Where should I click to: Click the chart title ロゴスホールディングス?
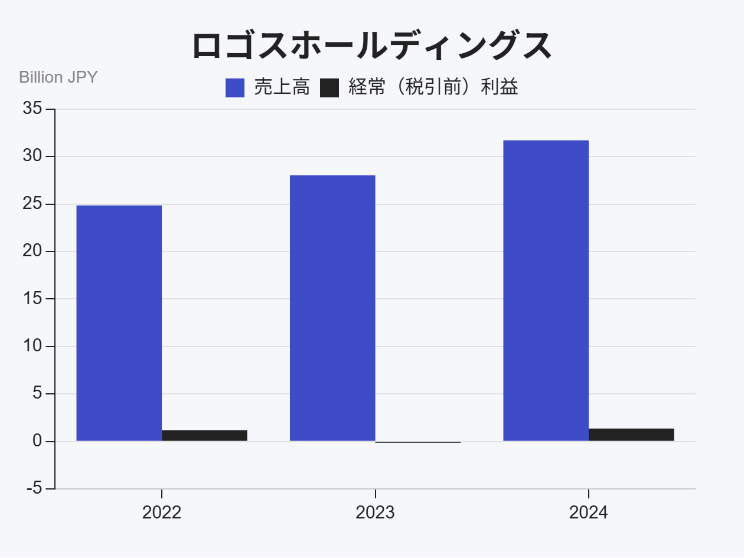[372, 46]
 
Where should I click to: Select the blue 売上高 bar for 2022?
[119, 323]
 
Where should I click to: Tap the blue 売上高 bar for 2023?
[332, 308]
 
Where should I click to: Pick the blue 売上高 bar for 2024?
[546, 291]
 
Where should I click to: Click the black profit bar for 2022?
[204, 435]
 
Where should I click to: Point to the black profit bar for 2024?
[631, 435]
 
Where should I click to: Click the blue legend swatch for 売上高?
[235, 88]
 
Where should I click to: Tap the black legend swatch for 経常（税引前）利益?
[329, 88]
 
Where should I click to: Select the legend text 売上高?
[282, 87]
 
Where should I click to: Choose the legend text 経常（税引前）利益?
[433, 87]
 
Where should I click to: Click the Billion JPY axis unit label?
[58, 77]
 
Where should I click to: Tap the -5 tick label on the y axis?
[34, 489]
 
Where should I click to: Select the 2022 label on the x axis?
[162, 513]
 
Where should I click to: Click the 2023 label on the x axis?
[375, 513]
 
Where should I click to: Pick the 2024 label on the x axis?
[588, 513]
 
